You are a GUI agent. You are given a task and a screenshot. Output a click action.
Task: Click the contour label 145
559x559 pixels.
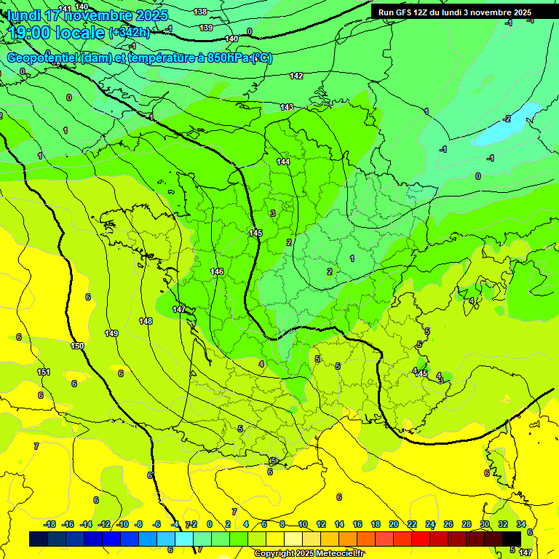(x=255, y=233)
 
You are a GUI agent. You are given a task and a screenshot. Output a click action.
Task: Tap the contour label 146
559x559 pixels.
(x=217, y=271)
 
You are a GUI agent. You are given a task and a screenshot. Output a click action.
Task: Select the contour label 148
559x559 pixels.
(x=146, y=321)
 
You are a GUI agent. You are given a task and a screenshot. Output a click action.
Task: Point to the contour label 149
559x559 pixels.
(x=111, y=333)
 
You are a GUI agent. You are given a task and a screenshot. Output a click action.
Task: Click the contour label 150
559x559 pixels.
(x=77, y=346)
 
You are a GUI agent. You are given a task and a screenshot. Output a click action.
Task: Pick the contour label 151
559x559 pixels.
(x=44, y=373)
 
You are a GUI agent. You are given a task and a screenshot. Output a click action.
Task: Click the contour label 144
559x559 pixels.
(x=283, y=162)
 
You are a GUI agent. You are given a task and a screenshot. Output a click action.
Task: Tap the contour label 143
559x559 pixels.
(x=287, y=108)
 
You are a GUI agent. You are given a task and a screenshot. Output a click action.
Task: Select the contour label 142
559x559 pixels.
(x=296, y=76)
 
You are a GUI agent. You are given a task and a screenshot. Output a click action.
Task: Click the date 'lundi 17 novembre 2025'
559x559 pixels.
(x=87, y=15)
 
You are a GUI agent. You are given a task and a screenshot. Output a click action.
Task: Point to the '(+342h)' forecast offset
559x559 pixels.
(x=130, y=33)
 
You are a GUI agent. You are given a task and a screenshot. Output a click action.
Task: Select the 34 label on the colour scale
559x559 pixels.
(x=521, y=524)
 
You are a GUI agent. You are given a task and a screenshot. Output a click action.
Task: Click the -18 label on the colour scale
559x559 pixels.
(x=49, y=524)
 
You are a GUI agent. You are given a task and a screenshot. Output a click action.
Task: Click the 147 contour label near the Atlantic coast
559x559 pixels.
(x=179, y=310)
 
